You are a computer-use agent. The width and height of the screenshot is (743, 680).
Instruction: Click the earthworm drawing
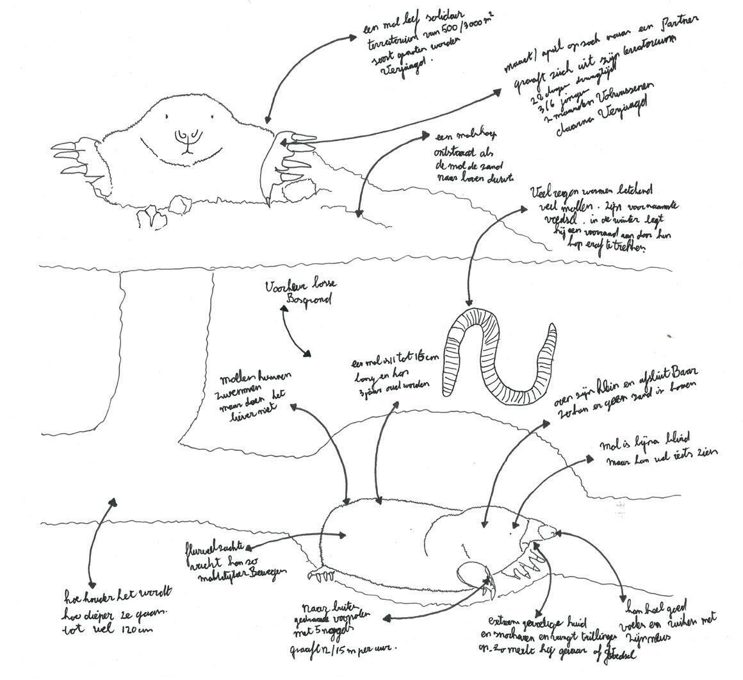click(493, 359)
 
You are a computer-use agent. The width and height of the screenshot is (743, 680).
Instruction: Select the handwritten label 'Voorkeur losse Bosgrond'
click(298, 293)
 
